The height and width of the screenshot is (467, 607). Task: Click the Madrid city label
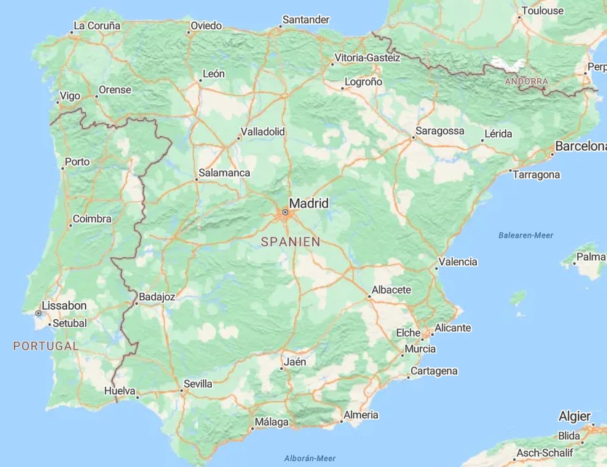point(309,203)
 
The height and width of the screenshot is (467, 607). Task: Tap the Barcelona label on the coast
point(581,146)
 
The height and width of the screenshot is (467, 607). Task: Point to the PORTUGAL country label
point(45,346)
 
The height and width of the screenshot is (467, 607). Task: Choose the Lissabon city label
point(64,306)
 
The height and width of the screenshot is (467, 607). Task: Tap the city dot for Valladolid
point(238,138)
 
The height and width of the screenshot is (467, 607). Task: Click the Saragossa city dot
point(413,137)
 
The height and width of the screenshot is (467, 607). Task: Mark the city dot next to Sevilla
point(182,391)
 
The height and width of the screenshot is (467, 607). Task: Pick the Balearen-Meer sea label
point(525,235)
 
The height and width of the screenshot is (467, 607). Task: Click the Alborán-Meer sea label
point(310,458)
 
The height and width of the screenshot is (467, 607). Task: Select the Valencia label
point(459,262)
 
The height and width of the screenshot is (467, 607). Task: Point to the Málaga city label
point(271,423)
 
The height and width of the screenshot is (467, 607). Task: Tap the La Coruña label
point(97,25)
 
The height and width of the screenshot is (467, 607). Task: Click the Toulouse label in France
point(542,11)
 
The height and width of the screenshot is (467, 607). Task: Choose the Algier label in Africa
point(574,417)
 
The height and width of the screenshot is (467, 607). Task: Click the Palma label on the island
point(591,257)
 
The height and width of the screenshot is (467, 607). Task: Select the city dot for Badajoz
point(136,302)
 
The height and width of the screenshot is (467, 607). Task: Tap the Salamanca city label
point(226,173)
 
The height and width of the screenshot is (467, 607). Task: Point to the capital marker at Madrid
point(285,213)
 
